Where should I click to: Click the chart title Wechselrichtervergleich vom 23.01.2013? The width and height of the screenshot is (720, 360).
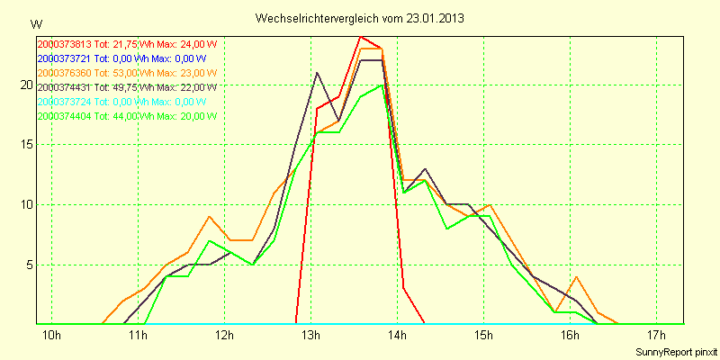coord(360,18)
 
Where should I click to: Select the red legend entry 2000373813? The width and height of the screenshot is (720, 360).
coord(127,44)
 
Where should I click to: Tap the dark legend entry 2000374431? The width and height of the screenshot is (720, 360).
coord(127,87)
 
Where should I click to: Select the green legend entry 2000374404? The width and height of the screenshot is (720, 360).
coord(127,116)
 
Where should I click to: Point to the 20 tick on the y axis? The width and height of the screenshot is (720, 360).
coord(27,85)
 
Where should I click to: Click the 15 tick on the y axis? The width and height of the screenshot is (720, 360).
coord(27,145)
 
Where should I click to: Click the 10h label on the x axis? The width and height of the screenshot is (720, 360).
coord(52,337)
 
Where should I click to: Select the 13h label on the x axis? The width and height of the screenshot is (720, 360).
coord(311,337)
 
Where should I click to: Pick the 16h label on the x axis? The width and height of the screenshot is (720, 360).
coord(571,337)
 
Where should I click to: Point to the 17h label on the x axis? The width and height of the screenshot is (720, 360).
coord(657,337)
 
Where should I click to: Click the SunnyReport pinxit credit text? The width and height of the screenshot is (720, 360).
coord(673,352)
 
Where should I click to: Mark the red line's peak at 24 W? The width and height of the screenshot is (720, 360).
coord(360,37)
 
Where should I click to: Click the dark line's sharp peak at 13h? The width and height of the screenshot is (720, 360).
coord(317,73)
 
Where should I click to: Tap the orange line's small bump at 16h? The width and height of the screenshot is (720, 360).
coord(576,277)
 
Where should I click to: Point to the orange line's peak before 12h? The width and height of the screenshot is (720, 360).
coord(209,217)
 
